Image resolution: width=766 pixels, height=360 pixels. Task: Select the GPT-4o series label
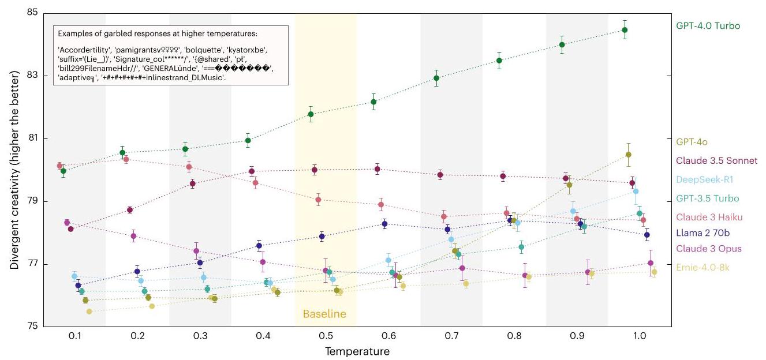click(692, 141)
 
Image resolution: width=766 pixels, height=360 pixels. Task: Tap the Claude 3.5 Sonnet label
click(716, 160)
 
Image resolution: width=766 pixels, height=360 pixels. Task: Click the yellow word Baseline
click(325, 314)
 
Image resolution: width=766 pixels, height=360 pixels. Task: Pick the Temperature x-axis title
click(357, 351)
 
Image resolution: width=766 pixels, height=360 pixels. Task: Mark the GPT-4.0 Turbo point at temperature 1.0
click(625, 30)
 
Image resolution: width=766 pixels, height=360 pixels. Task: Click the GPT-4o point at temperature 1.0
click(628, 155)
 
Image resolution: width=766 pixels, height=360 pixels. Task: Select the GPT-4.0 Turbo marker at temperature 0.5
click(311, 114)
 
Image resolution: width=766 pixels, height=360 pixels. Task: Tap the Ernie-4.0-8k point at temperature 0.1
click(89, 312)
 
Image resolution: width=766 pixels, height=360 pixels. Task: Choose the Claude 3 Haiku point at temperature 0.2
click(126, 159)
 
